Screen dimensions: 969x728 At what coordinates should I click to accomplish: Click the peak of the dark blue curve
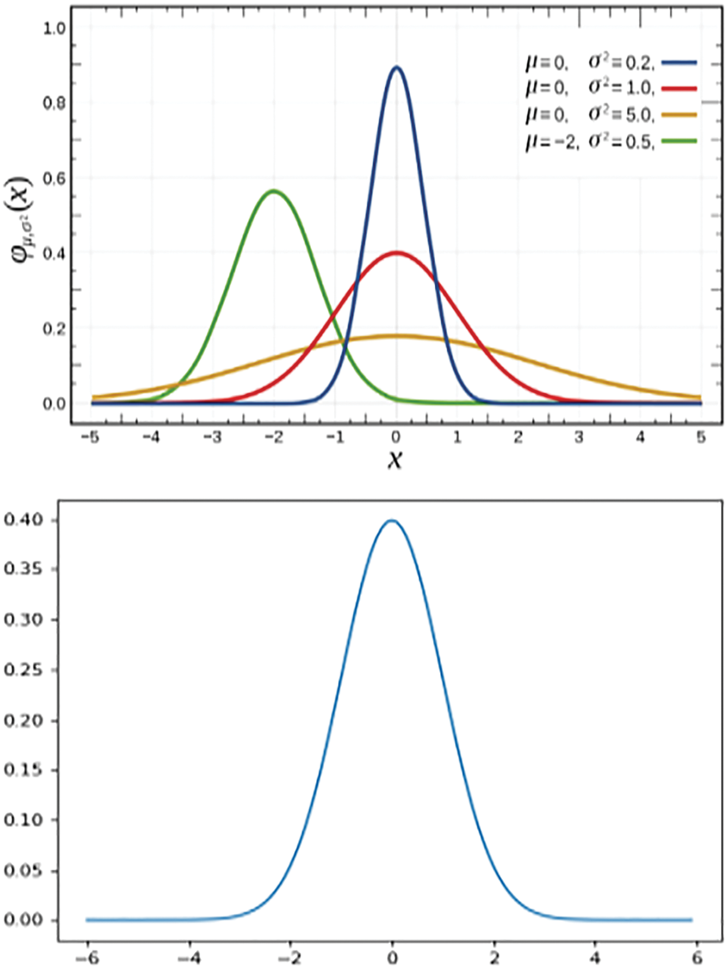[x=397, y=68]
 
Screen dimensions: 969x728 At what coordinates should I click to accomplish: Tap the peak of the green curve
[x=273, y=191]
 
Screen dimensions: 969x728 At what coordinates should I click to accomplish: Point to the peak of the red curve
[x=397, y=253]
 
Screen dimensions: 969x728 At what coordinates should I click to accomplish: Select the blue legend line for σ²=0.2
[x=679, y=63]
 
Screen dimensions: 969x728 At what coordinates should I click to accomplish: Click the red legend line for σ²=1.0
[x=679, y=89]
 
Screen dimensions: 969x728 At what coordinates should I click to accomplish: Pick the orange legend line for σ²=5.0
[x=679, y=115]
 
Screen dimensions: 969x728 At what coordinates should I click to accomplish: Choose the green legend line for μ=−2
[x=679, y=141]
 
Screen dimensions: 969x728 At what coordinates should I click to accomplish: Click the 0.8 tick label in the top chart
[x=54, y=103]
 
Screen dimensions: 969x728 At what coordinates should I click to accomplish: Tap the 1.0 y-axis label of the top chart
[x=54, y=28]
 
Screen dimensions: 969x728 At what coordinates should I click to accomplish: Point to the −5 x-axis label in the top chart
[x=89, y=437]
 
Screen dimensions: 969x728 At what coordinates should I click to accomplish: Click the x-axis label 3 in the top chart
[x=578, y=437]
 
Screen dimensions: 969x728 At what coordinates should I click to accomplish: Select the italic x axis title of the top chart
[x=395, y=459]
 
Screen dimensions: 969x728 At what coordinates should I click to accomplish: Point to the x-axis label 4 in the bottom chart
[x=596, y=957]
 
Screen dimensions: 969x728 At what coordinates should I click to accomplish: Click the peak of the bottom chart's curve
[x=392, y=521]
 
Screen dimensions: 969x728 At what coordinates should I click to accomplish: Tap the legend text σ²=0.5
[x=621, y=142]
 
